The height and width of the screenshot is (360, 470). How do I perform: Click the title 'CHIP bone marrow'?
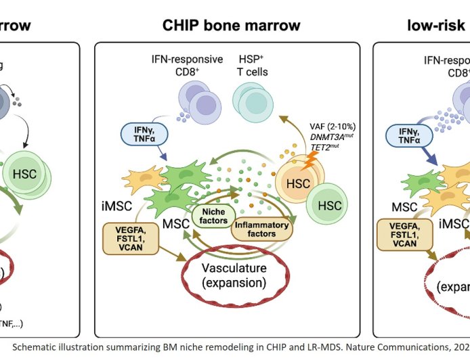[231, 26]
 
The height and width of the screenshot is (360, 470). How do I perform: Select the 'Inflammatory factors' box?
[261, 229]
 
